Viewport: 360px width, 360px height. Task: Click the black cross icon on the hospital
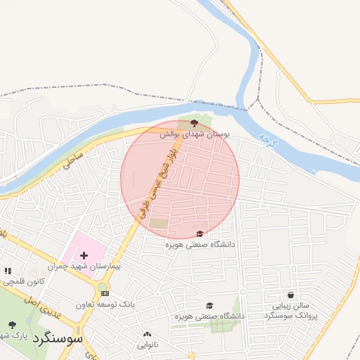(84, 255)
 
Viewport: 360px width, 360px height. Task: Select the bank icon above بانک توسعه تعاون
(105, 293)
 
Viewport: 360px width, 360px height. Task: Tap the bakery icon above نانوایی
(147, 335)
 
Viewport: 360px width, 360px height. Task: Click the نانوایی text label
(147, 345)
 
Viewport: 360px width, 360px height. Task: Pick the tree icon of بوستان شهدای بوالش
(194, 122)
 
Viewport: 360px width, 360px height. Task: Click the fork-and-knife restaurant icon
(8, 270)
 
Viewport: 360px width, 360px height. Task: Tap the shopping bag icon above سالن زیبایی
(291, 295)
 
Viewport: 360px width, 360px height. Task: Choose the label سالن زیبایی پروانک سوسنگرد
(291, 311)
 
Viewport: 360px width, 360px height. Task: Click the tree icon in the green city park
(12, 324)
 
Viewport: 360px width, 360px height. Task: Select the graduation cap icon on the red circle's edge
(200, 233)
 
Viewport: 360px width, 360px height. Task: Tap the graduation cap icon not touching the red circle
(209, 305)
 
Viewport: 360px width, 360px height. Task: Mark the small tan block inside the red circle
(160, 224)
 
